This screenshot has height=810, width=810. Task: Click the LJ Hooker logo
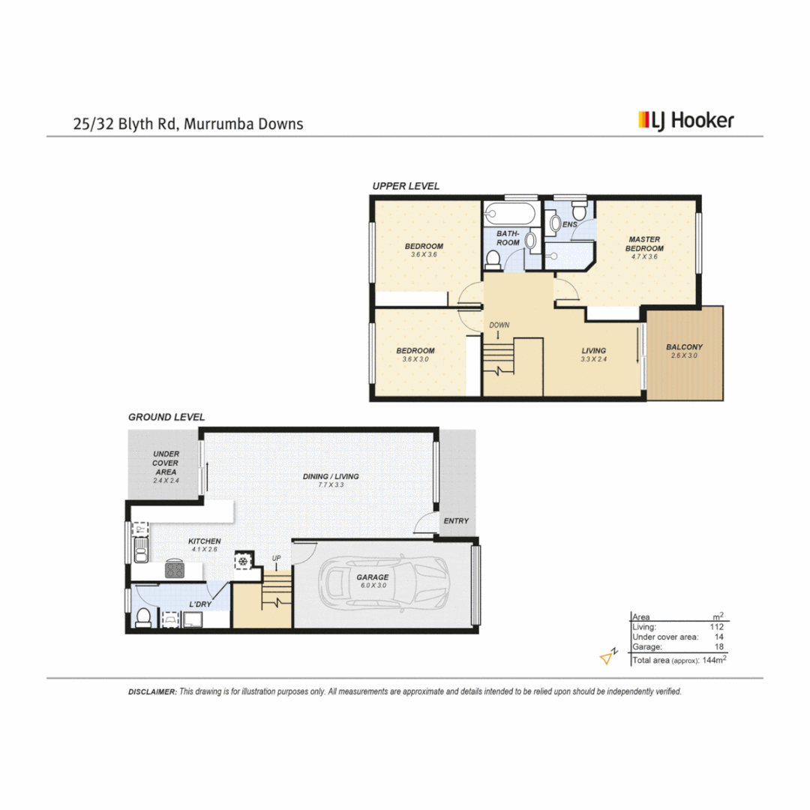(x=685, y=120)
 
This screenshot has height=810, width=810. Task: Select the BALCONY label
(x=684, y=347)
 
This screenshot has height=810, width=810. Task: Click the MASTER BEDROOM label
(x=645, y=244)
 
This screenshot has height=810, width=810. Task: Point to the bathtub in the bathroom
(x=510, y=215)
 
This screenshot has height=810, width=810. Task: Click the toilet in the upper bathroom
(x=493, y=260)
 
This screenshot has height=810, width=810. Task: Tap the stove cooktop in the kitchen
(x=175, y=570)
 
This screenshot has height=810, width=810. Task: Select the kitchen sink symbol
(x=140, y=555)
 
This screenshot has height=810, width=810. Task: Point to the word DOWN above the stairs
(x=499, y=325)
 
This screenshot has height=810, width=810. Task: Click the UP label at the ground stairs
(x=276, y=558)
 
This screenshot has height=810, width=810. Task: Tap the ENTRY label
(x=456, y=521)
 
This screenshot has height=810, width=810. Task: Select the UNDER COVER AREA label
(x=165, y=463)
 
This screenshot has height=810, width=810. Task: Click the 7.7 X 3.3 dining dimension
(x=331, y=485)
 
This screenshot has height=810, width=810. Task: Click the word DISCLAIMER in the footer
(x=152, y=692)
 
